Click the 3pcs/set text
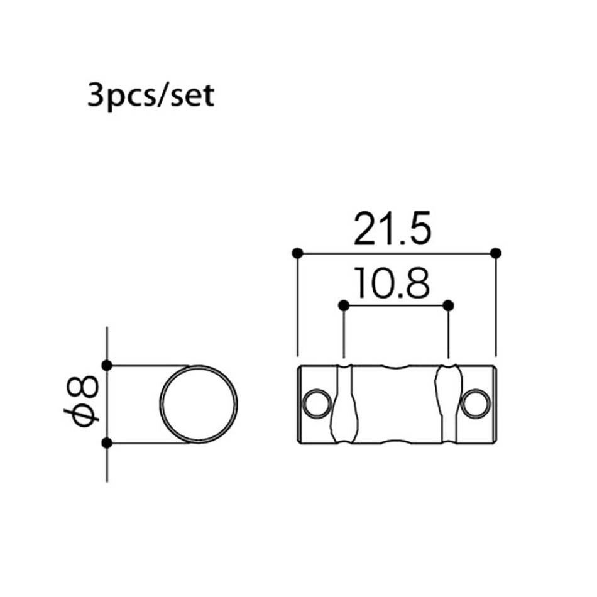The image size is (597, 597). [x=151, y=96]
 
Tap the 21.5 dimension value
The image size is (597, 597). [x=392, y=229]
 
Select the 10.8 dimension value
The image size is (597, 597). [x=392, y=283]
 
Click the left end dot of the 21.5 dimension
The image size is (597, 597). [x=297, y=253]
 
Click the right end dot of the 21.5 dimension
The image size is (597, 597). [x=495, y=253]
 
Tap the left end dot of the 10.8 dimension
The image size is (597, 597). [x=344, y=305]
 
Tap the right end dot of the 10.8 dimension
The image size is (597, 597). [x=449, y=305]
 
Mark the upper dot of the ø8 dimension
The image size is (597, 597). [x=107, y=366]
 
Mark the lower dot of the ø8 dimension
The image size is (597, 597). [x=107, y=443]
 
